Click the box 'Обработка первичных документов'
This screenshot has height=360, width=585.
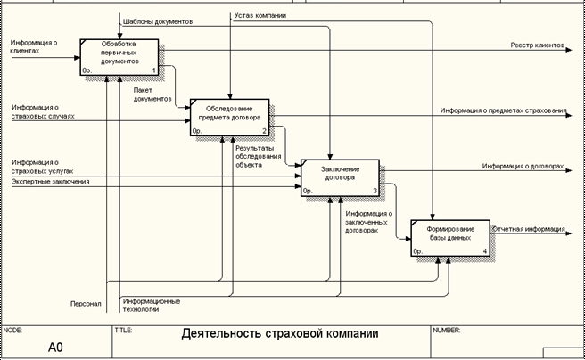119,56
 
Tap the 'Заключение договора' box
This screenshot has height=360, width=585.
340,176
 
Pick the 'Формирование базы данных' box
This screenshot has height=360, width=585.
449,236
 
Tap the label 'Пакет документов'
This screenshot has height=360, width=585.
152,95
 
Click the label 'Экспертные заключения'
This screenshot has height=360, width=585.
51,183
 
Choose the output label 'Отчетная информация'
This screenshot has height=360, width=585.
529,228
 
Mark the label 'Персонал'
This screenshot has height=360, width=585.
86,304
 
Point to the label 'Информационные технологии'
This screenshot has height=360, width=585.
152,306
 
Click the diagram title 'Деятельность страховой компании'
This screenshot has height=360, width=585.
279,335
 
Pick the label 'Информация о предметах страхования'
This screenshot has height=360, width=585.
503,110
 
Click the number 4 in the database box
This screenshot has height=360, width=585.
484,251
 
